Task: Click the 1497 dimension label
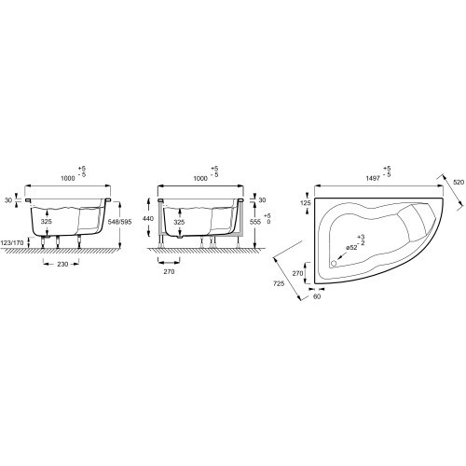point(374,178)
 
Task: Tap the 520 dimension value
point(459,183)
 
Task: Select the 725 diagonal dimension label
point(279,283)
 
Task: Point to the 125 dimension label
point(306,203)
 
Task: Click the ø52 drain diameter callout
point(351,248)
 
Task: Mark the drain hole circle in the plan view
point(334,264)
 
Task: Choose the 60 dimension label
point(317,296)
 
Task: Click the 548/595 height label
point(119,222)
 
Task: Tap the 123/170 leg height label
point(12,243)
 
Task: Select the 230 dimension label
point(62,264)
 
